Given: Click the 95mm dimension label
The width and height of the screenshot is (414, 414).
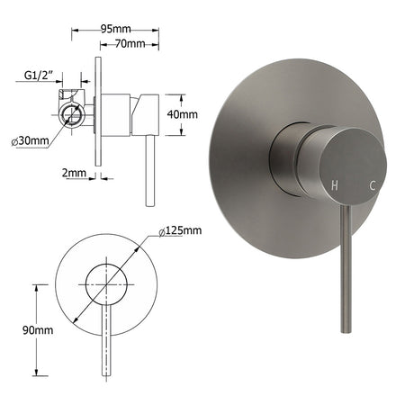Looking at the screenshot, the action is point(116,29).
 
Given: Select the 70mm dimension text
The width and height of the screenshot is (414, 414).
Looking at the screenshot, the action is point(130,44).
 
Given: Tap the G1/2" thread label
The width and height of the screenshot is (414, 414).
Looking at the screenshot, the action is point(39,76).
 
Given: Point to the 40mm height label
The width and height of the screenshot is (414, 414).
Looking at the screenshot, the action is point(183,114).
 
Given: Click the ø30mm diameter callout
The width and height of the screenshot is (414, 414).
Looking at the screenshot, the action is point(30,140).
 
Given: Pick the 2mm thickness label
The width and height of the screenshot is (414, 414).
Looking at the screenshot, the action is point(74,173).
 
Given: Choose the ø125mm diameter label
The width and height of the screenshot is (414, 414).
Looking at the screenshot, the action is point(180,230).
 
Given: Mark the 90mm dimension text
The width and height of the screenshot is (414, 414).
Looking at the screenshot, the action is point(38,330).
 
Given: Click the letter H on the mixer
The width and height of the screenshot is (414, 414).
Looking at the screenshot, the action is point(335,185).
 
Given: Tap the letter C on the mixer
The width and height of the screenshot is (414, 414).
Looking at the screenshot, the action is point(373,185).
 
